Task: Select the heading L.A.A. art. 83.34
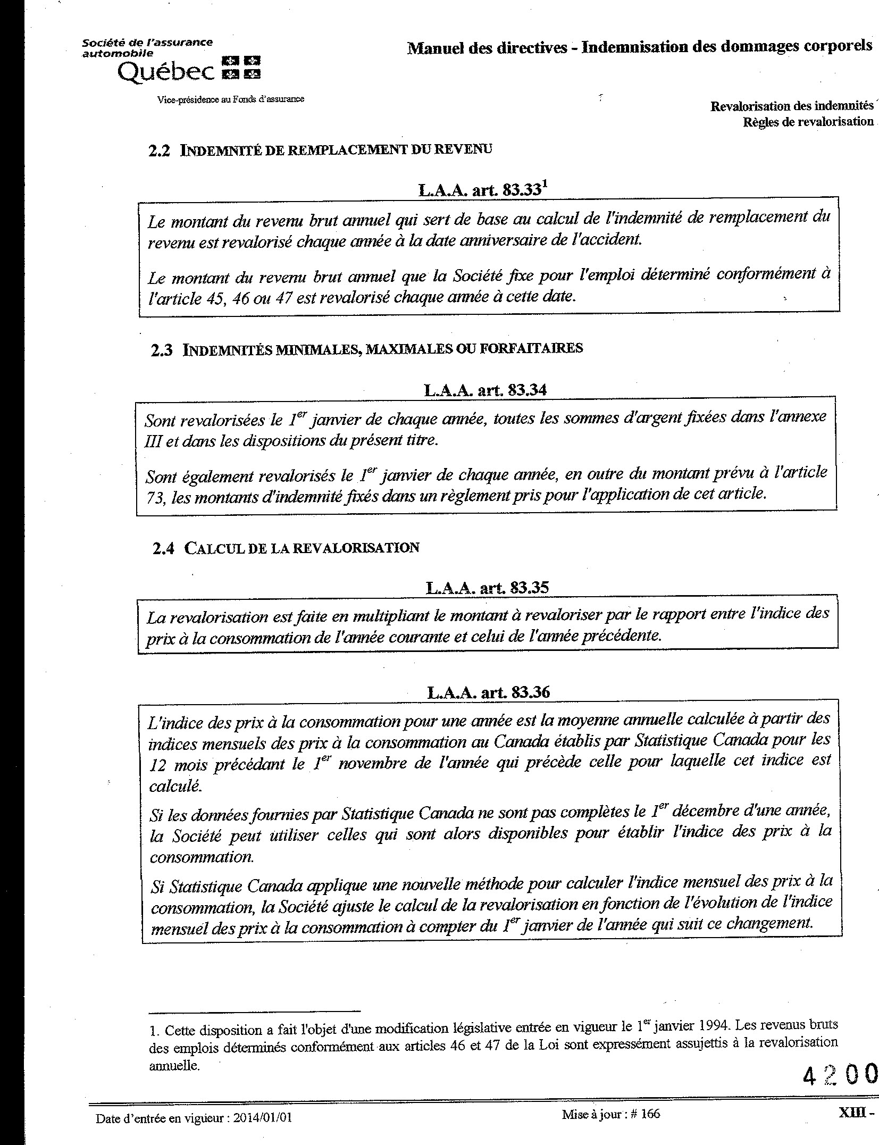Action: click(x=485, y=390)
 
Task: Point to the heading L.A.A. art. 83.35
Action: click(x=487, y=587)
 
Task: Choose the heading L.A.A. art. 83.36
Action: click(x=488, y=692)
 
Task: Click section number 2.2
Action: click(x=160, y=151)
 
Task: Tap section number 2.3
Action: click(x=161, y=350)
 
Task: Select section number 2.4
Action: click(x=163, y=549)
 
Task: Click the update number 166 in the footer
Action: click(x=650, y=1114)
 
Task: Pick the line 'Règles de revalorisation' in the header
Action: click(x=808, y=122)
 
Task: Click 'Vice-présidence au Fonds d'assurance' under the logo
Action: click(x=231, y=99)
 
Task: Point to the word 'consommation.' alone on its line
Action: click(x=202, y=857)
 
